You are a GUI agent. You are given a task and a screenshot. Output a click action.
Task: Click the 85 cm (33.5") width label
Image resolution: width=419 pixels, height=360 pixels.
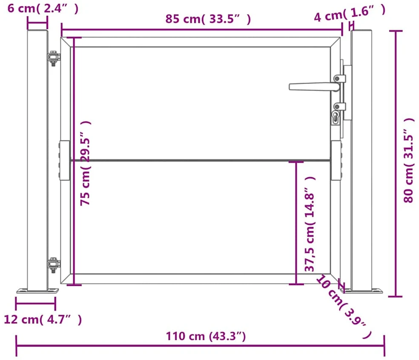(x=208, y=19)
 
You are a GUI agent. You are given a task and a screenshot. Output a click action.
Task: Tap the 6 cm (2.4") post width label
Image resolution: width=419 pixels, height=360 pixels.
(x=43, y=9)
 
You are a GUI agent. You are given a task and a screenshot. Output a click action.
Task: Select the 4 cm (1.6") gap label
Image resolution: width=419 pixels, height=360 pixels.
(x=350, y=13)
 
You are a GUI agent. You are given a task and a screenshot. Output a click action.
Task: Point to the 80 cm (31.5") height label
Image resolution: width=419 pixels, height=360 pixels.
(x=409, y=160)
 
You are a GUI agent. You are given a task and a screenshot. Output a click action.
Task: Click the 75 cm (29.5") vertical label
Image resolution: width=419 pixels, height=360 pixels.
(x=86, y=163)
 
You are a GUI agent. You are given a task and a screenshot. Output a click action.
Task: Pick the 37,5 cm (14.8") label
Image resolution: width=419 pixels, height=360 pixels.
(x=310, y=224)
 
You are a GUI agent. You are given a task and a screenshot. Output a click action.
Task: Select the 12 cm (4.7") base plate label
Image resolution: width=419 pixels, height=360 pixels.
(x=43, y=320)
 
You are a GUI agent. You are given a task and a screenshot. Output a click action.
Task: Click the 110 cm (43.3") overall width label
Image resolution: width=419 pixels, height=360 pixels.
(x=206, y=336)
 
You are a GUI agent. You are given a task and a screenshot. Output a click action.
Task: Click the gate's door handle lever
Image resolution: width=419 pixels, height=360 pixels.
(x=314, y=86)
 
